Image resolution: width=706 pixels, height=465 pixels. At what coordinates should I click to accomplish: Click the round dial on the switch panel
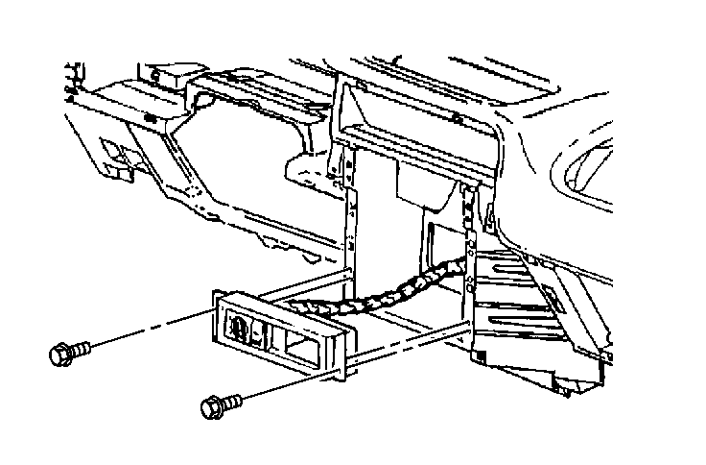pyautogui.click(x=236, y=328)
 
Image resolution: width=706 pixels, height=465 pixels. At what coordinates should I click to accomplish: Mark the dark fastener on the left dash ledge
pyautogui.click(x=153, y=116)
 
